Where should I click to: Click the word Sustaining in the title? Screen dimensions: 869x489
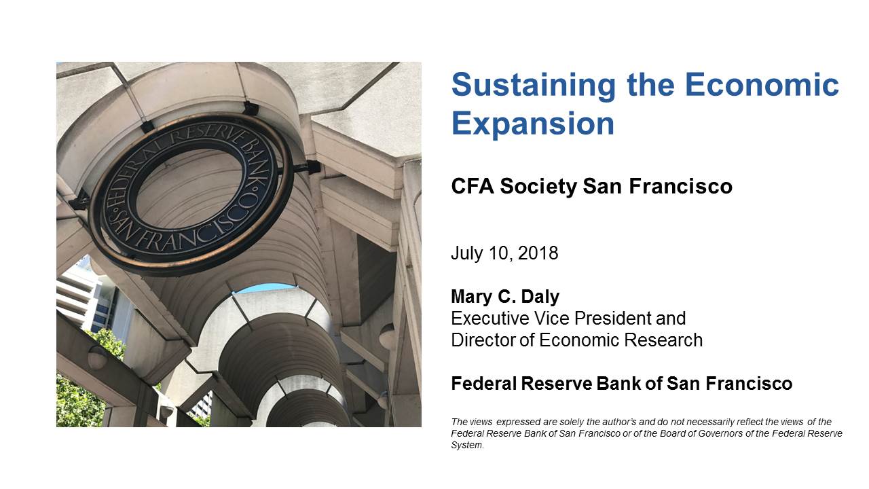coord(534,86)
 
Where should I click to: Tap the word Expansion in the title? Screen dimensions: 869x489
coord(533,124)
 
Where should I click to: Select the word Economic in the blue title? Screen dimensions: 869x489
coord(762,85)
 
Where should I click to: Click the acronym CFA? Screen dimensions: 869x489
coord(472,186)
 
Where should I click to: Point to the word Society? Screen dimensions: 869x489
coord(538,187)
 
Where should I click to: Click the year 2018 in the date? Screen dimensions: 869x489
coord(538,253)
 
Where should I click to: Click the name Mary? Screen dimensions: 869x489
coord(471,297)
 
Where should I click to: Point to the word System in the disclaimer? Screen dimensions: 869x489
coord(467,445)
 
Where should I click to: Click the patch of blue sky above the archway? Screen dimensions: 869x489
coord(265,288)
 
